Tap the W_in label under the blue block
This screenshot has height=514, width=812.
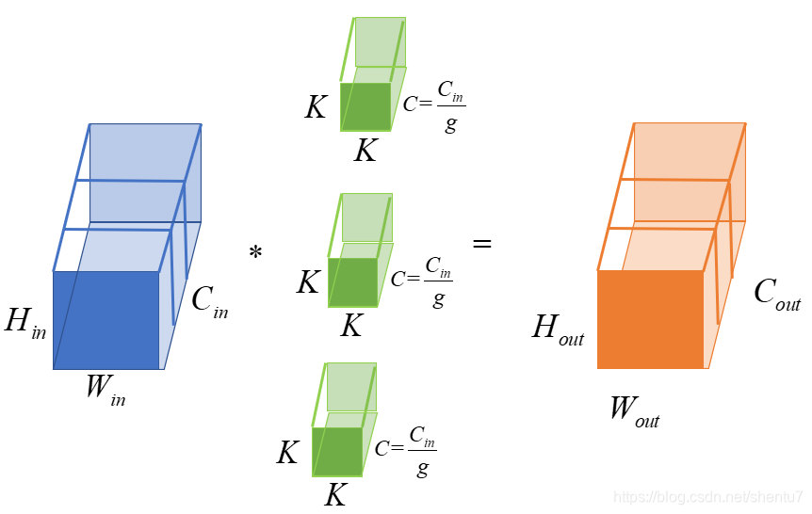[x=105, y=389]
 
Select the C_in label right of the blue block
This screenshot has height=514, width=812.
[x=209, y=300]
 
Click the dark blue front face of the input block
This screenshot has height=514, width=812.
[x=106, y=320]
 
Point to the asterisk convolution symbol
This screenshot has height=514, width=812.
[x=255, y=253]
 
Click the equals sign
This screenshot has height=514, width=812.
[x=482, y=243]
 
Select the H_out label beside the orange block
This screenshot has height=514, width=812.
[x=558, y=329]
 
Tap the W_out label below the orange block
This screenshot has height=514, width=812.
[x=634, y=410]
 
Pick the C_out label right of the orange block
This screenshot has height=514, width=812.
[x=777, y=294]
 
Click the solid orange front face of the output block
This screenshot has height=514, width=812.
[x=650, y=319]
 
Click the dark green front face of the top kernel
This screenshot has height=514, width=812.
[x=365, y=106]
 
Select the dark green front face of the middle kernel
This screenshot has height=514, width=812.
[x=352, y=282]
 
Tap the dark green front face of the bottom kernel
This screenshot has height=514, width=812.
[x=337, y=452]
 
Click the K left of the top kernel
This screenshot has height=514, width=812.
[x=316, y=107]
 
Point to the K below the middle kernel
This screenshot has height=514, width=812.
[x=351, y=326]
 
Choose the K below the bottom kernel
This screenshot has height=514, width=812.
[x=335, y=495]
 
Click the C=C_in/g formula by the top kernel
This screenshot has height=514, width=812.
[x=434, y=104]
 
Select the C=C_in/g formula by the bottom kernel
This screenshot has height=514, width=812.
[x=405, y=449]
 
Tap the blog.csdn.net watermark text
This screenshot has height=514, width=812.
[x=707, y=496]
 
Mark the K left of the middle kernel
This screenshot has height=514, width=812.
[x=308, y=282]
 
